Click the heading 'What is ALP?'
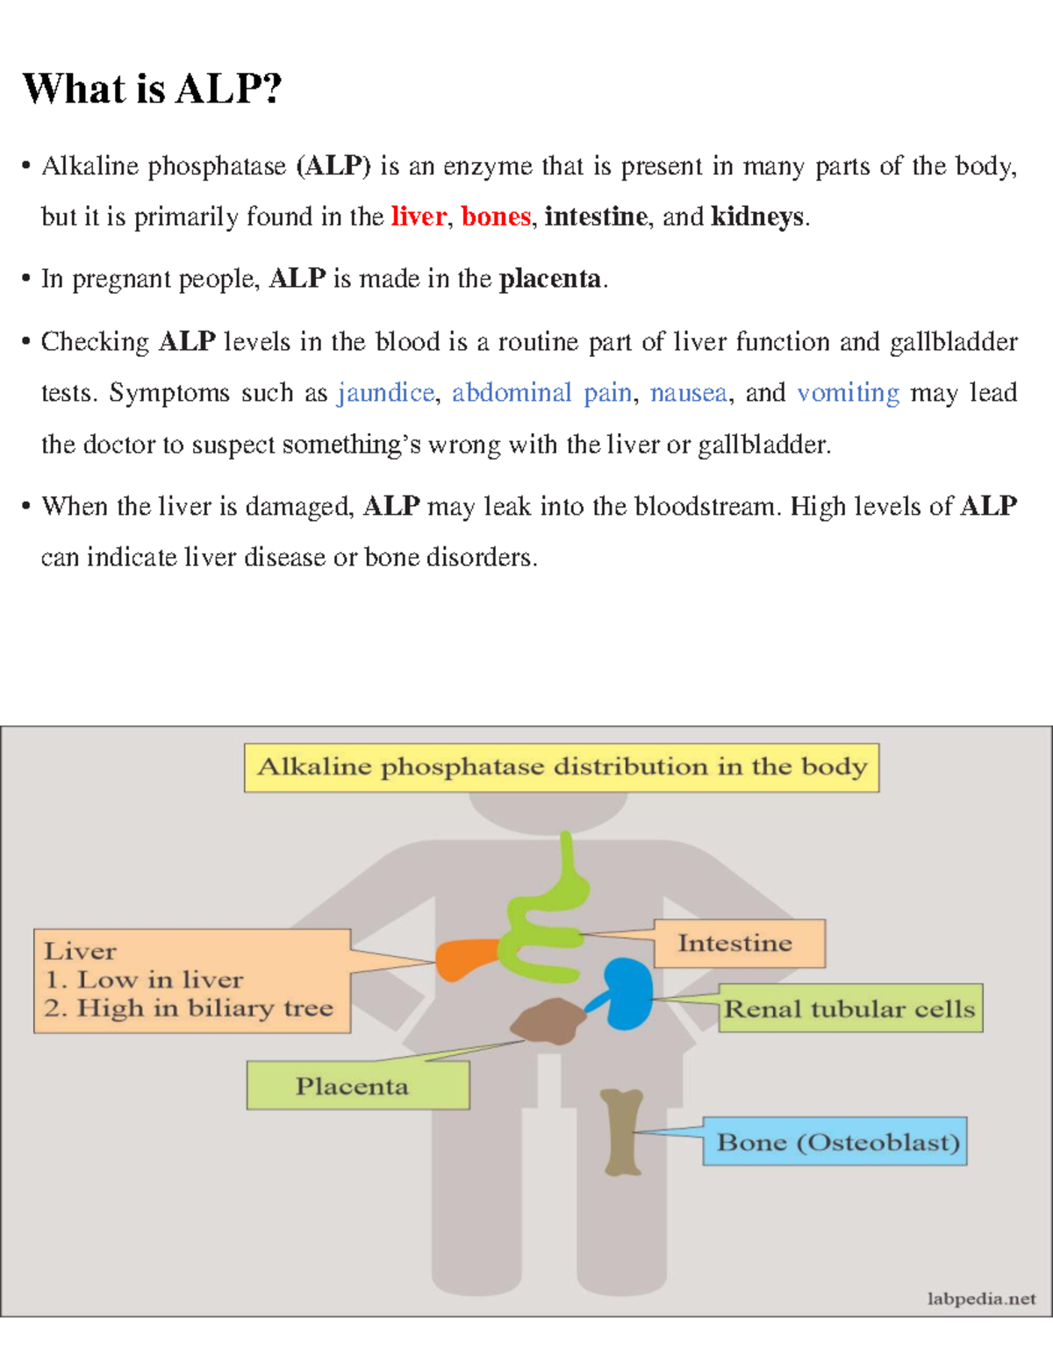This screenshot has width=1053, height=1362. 152,89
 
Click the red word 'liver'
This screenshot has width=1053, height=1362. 418,216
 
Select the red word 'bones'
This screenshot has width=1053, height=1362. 496,216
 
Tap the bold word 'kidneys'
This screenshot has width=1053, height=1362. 756,216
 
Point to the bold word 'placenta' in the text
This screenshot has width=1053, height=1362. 550,279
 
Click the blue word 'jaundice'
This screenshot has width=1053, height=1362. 385,393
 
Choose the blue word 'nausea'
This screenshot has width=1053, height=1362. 688,393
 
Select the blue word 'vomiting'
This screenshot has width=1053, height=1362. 848,393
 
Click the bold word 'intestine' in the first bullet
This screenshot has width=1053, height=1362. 596,216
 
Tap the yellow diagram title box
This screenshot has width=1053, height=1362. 562,767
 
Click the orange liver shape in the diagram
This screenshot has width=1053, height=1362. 468,959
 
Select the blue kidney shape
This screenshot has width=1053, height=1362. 627,994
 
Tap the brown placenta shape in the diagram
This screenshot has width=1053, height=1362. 548,1022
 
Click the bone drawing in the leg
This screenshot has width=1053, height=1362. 622,1131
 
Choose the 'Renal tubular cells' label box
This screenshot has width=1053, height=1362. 849,1009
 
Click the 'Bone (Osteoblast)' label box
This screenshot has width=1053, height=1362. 835,1141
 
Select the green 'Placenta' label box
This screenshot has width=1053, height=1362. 357,1086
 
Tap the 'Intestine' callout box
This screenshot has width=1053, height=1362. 739,944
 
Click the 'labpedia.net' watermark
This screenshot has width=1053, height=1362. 981,1298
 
